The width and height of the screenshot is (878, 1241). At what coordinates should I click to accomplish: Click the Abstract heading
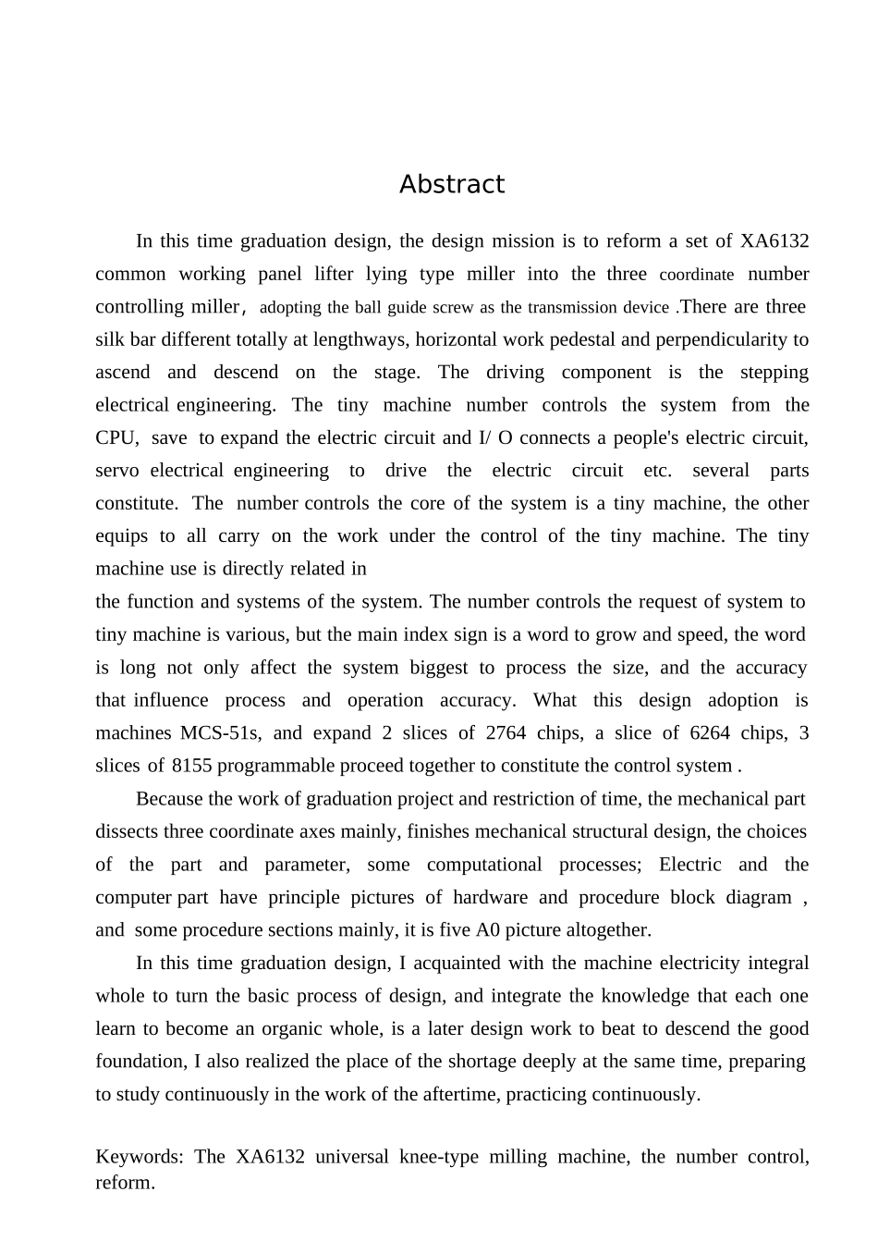[x=452, y=185]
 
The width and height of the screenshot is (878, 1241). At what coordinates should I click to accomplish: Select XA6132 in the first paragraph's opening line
[x=774, y=241]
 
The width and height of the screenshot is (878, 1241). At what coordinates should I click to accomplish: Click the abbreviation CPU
[x=116, y=438]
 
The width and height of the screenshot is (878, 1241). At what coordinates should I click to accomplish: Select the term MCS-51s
[x=220, y=733]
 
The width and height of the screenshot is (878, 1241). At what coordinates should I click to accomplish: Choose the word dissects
[x=128, y=831]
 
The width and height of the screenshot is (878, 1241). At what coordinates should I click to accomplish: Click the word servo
[x=117, y=471]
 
